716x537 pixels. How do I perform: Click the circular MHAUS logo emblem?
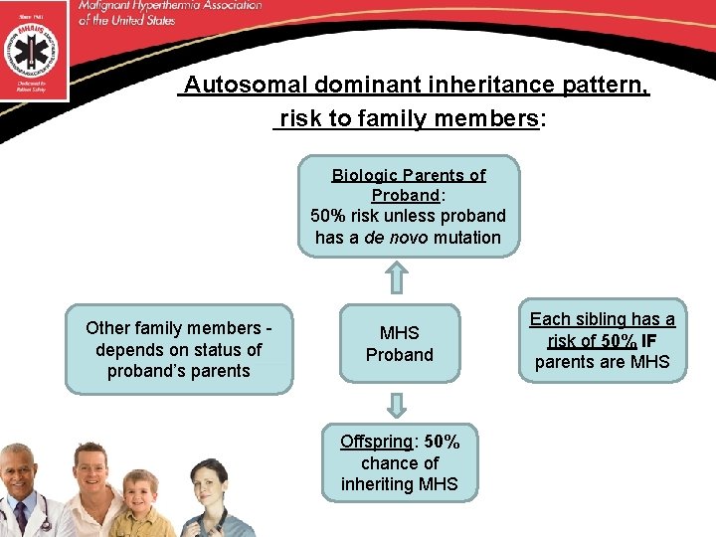click(34, 47)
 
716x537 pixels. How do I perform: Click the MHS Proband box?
click(400, 344)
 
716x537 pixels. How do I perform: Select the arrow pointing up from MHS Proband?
click(397, 277)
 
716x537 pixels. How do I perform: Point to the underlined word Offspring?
click(375, 442)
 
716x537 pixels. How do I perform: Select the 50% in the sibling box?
click(620, 340)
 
